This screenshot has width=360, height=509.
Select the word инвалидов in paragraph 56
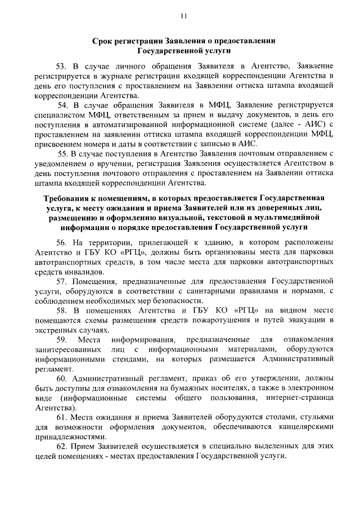(85, 272)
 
